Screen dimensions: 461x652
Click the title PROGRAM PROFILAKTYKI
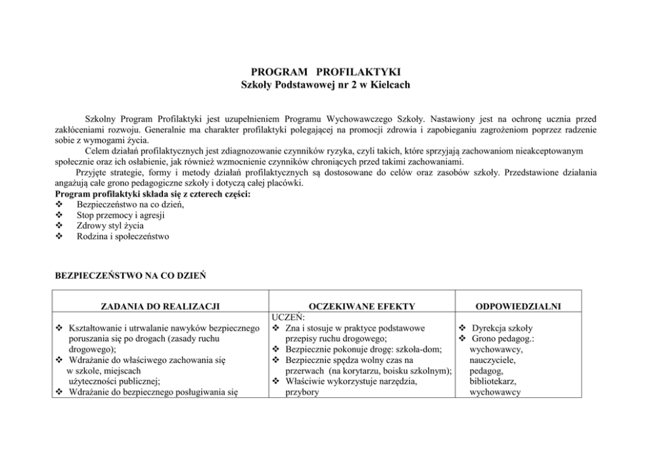point(325,72)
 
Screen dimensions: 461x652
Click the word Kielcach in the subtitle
point(390,85)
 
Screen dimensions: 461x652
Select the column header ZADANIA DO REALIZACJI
point(159,306)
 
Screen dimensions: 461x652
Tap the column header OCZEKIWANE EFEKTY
point(361,306)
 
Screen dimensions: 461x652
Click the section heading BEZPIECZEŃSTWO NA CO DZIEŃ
point(129,276)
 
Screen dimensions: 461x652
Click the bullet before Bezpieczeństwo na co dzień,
point(59,205)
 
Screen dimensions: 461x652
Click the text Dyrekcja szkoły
point(501,328)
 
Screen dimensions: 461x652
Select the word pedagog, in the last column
point(487,371)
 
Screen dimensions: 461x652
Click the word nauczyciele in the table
point(492,360)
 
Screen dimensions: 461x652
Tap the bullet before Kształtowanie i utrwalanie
point(60,328)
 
